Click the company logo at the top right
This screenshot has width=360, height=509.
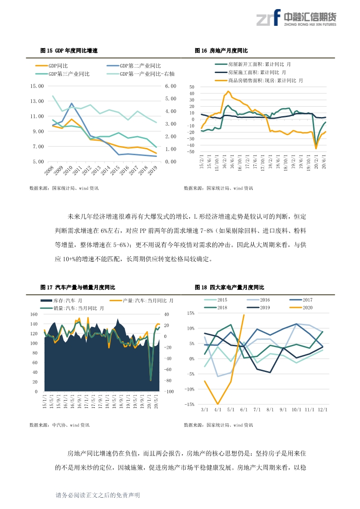296,18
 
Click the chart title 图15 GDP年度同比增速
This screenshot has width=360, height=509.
69,51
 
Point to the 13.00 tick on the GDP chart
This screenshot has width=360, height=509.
37,101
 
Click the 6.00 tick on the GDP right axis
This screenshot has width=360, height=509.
171,86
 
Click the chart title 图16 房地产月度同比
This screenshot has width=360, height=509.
221,51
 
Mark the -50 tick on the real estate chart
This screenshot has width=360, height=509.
191,152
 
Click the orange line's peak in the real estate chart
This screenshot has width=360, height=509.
228,92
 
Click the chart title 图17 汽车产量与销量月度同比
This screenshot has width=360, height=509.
78,287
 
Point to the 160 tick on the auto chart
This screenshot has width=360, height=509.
34,314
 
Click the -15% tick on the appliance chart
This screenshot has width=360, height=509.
191,405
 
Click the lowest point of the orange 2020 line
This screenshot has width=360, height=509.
217,404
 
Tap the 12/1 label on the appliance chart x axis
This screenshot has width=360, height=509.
323,410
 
